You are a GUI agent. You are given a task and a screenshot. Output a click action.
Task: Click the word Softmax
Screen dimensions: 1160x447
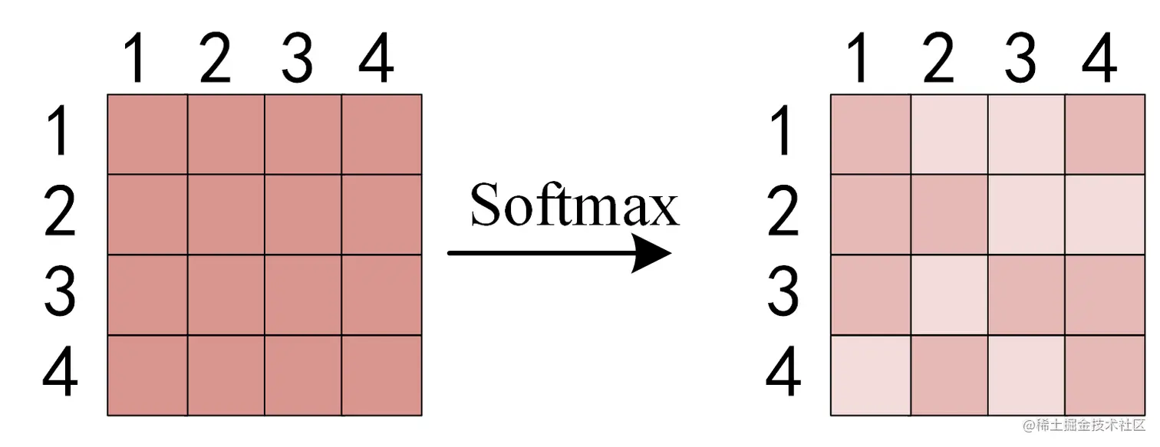tap(575, 205)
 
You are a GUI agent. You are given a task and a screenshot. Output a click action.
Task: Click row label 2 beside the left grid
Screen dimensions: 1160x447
tap(59, 212)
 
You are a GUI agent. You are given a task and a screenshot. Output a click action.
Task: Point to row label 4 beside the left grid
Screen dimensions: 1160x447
tap(59, 373)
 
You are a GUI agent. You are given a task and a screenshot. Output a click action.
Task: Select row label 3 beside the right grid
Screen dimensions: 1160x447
tap(783, 293)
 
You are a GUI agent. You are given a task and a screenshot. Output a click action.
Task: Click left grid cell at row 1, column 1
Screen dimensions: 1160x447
tap(147, 134)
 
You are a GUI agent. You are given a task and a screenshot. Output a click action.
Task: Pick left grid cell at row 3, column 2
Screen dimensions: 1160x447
tap(226, 295)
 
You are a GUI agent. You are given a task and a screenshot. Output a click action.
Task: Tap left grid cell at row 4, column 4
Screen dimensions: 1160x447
tap(382, 376)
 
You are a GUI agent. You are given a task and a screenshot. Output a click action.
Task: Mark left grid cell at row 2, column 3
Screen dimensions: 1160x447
tap(303, 215)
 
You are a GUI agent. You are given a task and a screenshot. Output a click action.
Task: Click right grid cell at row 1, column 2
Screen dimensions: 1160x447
tap(950, 134)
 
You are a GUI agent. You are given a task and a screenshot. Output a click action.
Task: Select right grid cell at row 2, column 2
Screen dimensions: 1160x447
tap(950, 215)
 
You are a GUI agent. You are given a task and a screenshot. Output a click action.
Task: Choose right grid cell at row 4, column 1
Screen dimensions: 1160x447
tap(871, 376)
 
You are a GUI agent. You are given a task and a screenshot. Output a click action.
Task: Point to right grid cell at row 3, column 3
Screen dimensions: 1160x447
tap(1027, 295)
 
